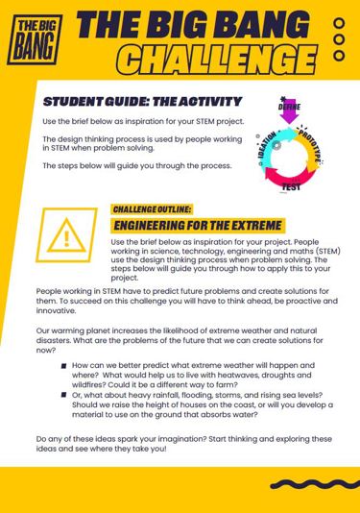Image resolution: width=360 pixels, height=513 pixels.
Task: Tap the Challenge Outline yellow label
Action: click(x=153, y=208)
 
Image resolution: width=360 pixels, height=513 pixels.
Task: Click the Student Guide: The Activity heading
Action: click(x=142, y=101)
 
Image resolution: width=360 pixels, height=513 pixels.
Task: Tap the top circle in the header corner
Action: click(x=339, y=23)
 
